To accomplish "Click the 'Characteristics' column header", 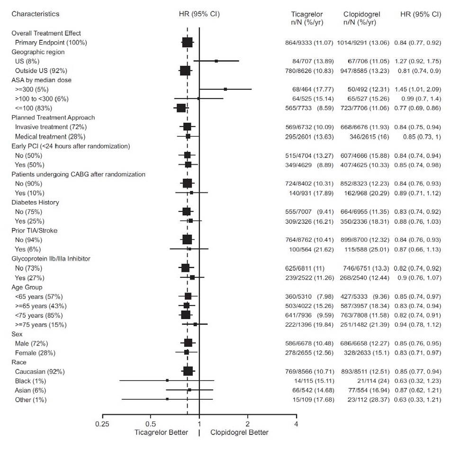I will tap(36, 14).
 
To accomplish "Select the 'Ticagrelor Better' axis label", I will tap(161, 433).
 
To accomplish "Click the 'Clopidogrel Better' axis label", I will tap(239, 433).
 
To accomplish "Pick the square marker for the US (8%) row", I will tap(216, 61).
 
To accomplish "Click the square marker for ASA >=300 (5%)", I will tap(225, 89).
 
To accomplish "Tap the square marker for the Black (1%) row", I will tap(167, 380).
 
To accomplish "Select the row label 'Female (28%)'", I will tap(35, 353).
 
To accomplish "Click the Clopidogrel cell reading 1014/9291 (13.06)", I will tap(363, 43).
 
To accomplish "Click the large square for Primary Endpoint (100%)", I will tap(188, 43).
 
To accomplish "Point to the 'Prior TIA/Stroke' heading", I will tap(36, 230).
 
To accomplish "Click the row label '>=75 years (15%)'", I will tap(40, 325).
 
